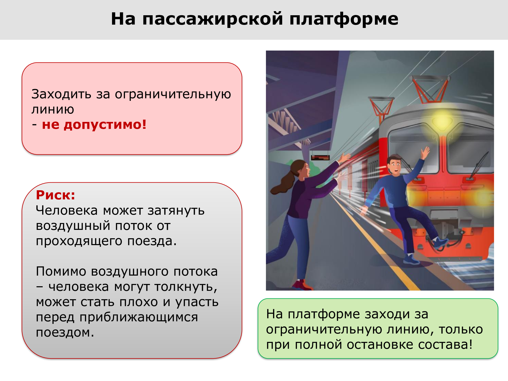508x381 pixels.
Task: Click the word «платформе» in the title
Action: (x=344, y=19)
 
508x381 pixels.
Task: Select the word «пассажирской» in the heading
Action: (x=213, y=19)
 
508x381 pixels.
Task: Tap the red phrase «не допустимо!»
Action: (x=94, y=125)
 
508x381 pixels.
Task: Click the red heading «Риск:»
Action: (x=56, y=195)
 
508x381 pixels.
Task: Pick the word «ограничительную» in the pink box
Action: (x=173, y=94)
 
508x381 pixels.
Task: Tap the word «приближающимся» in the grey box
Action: (x=139, y=317)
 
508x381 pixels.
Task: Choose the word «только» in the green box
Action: (x=461, y=329)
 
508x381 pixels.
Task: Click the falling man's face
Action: (x=395, y=166)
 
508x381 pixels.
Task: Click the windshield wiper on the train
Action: (x=479, y=165)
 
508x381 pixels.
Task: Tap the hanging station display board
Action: (x=320, y=158)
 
